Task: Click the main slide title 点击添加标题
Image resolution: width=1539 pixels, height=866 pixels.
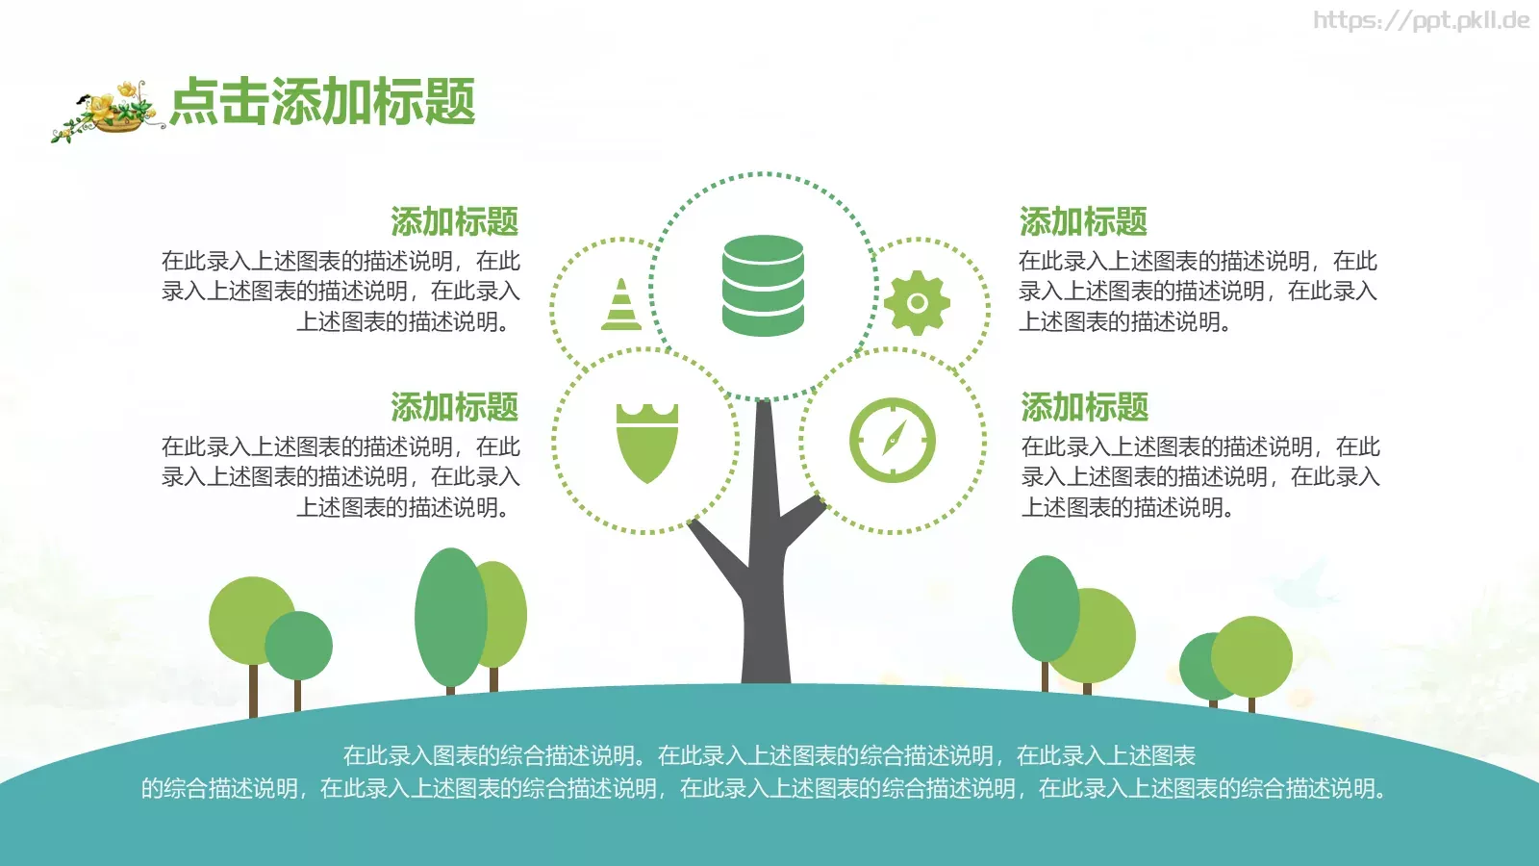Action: [x=323, y=102]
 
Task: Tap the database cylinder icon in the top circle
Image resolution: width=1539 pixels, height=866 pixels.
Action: [x=763, y=286]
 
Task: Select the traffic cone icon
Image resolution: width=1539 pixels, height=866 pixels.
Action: [x=621, y=305]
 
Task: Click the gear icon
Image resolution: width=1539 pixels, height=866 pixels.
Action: [x=917, y=303]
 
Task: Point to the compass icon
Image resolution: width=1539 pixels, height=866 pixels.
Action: [x=892, y=440]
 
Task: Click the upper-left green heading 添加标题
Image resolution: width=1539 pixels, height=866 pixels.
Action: [x=454, y=221]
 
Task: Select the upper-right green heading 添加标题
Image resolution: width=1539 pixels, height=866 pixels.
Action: [x=1083, y=221]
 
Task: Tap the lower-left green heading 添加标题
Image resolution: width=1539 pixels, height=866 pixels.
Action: [x=454, y=407]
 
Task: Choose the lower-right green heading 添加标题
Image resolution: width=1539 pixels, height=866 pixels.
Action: [x=1085, y=407]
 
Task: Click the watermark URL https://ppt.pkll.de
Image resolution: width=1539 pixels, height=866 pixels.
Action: [x=1421, y=20]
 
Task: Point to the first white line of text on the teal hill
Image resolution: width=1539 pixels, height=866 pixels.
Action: [x=769, y=756]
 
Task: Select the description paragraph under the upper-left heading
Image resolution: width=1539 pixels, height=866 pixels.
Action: [x=341, y=291]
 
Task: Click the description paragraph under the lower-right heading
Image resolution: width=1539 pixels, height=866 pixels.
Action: [x=1200, y=476]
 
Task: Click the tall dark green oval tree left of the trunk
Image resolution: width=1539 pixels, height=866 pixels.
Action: [x=450, y=616]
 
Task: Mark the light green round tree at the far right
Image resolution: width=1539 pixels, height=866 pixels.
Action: [x=1252, y=656]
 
